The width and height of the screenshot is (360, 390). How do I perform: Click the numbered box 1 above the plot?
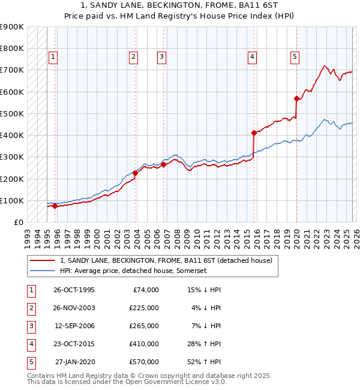53,57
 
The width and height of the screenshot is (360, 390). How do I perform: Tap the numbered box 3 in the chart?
162,57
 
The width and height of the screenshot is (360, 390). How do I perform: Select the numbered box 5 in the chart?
295,57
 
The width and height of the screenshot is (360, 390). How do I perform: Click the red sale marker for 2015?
254,133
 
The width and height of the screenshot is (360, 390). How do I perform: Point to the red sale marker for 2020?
296,98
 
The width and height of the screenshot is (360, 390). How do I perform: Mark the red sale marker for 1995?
55,206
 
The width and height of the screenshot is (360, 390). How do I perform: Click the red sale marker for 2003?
136,173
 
